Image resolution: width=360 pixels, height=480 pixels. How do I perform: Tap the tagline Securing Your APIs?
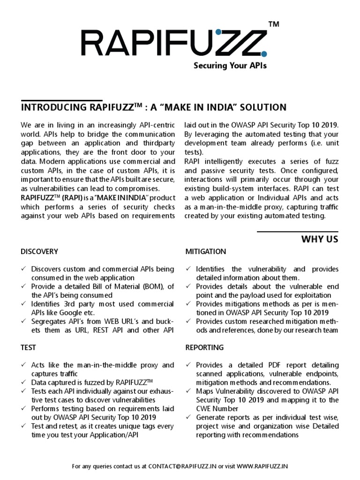[x=230, y=66]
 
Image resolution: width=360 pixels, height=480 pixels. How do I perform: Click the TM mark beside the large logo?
[x=274, y=24]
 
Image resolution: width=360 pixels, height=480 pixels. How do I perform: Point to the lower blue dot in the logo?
[x=264, y=54]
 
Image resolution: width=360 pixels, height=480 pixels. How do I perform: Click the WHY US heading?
[x=319, y=240]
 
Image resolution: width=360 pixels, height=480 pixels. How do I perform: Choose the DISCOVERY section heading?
[x=39, y=252]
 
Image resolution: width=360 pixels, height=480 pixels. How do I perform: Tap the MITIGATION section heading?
[x=205, y=252]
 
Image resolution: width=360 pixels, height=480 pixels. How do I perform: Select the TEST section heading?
[x=29, y=347]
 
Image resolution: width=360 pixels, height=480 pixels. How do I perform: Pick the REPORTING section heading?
[x=204, y=347]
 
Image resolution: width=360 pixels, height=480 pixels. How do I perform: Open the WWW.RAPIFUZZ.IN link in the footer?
[x=262, y=466]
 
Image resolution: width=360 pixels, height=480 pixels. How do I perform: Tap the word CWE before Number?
[x=203, y=408]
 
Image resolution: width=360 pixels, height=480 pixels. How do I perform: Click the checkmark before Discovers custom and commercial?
[x=24, y=269]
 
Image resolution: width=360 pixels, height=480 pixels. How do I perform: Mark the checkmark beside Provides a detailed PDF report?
[x=188, y=365]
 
